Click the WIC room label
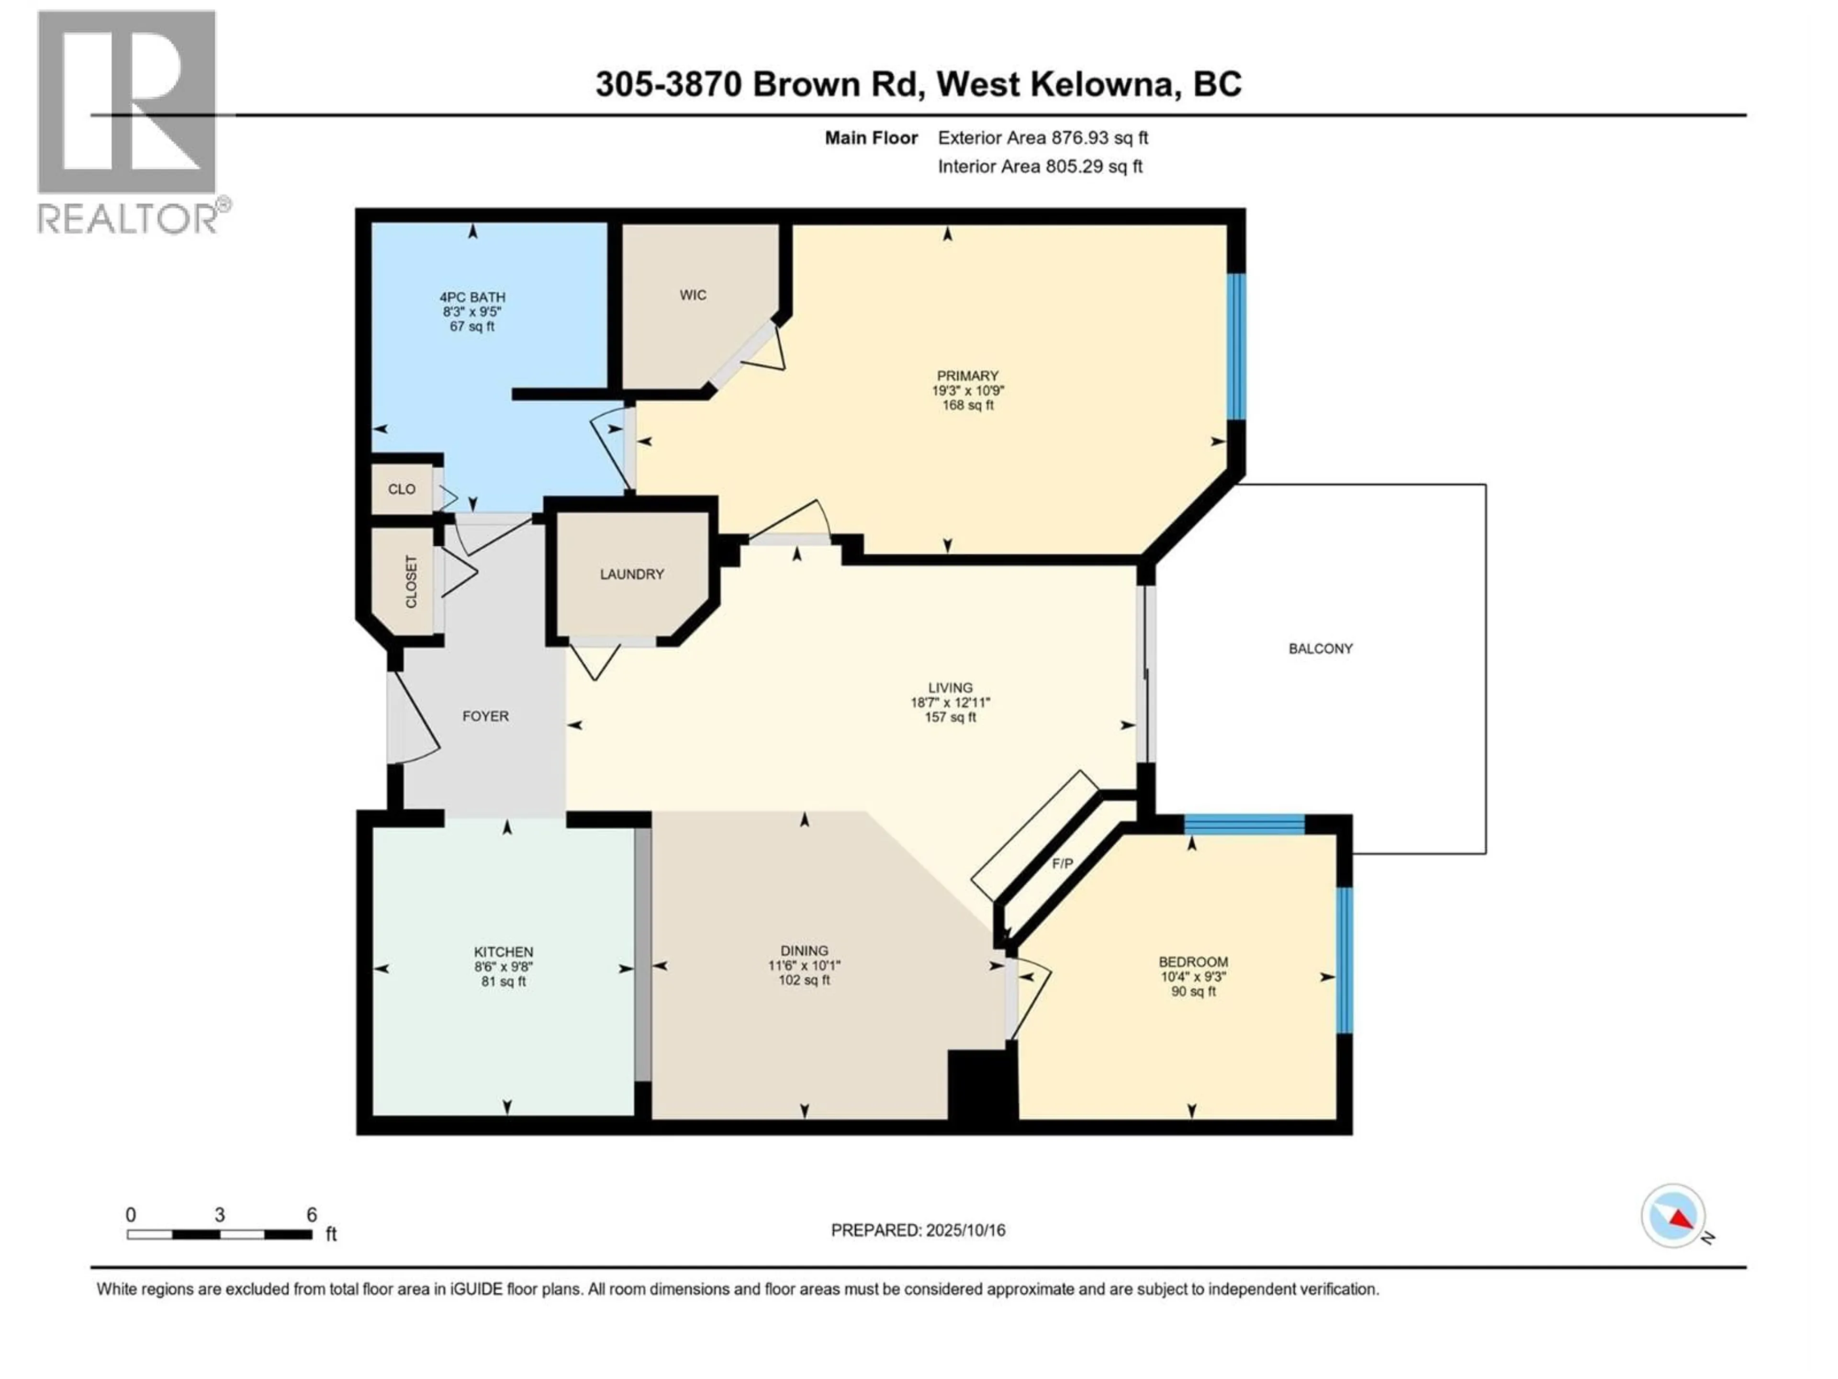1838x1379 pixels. tap(693, 295)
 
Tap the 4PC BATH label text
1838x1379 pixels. tap(472, 297)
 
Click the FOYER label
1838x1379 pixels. tap(485, 716)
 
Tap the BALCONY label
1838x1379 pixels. tap(1320, 648)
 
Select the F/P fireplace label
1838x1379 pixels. tap(1062, 864)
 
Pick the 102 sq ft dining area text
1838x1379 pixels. tap(804, 980)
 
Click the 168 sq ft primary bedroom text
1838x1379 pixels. tap(967, 406)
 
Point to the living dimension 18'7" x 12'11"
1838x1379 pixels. tap(950, 702)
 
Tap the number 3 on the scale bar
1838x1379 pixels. tap(219, 1214)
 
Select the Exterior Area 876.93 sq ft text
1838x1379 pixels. tap(1043, 138)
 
